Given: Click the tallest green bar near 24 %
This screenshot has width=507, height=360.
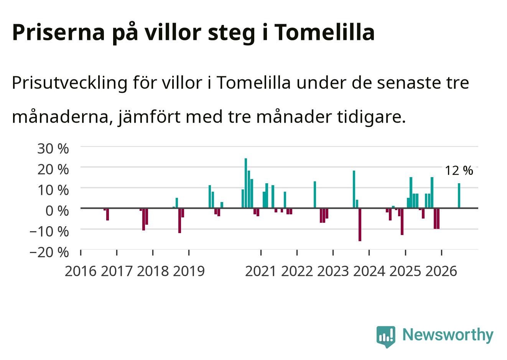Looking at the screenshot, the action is coord(246,183).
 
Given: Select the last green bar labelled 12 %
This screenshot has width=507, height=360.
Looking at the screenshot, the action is coord(459,196).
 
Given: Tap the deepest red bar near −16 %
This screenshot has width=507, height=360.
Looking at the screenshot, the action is coord(360,224).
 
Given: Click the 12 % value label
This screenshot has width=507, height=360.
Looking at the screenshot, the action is coord(459,171).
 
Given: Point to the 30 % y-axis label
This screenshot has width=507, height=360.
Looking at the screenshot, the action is coord(53,149).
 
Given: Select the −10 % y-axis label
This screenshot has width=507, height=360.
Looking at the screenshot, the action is coord(49,232).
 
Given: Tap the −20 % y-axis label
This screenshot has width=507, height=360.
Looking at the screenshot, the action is coord(49,252).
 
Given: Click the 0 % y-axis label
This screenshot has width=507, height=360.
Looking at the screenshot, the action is coord(57,211).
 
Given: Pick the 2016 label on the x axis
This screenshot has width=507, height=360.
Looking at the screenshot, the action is coord(81,271).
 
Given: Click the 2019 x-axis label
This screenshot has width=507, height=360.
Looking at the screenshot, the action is coord(189,271).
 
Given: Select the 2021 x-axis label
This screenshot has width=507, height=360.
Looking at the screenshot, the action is coord(261,271).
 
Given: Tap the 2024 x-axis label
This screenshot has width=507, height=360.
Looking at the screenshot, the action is coord(369,271).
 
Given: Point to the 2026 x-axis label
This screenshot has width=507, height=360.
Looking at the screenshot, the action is coord(441,271).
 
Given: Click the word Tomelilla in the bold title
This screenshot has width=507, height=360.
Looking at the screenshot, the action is coord(325,32).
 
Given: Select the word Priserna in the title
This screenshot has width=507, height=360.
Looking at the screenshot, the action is coord(58,32).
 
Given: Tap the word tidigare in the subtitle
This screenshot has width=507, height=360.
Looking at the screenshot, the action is coord(371,117).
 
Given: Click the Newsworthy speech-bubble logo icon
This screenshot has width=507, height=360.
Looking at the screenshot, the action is coord(386,337).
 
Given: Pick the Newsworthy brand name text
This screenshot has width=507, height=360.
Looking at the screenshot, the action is coord(448,335).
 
